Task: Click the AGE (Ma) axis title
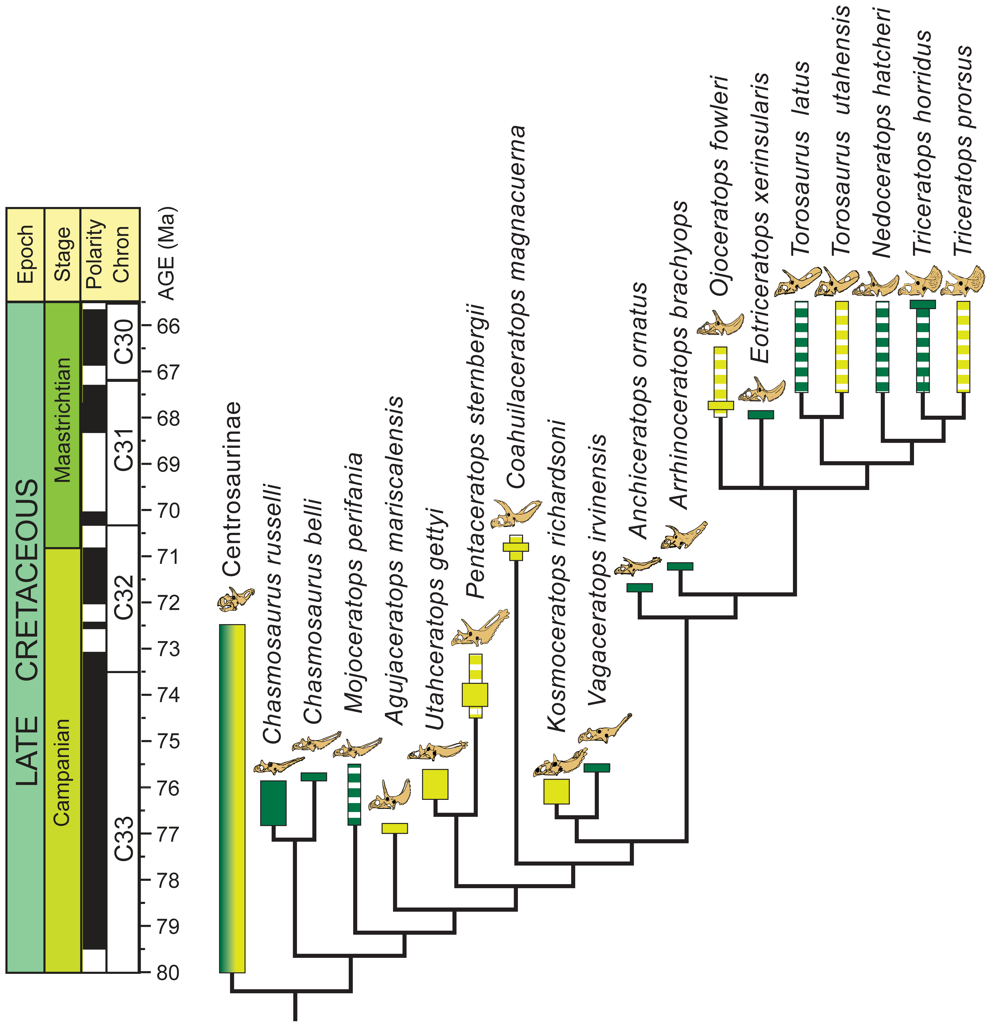167,253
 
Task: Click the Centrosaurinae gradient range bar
232,799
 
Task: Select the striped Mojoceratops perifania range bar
355,794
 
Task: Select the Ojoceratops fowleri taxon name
718,186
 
